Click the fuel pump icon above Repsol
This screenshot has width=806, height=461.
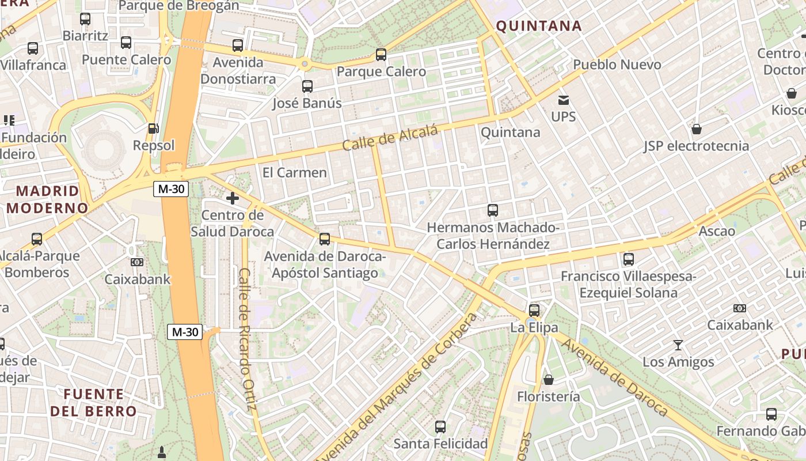point(153,128)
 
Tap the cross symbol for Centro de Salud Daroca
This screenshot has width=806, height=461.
point(233,199)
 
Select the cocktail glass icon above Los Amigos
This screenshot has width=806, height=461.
point(678,345)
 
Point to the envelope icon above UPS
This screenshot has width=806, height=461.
point(563,100)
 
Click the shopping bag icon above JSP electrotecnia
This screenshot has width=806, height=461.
point(697,129)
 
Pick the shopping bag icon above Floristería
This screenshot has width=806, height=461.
point(548,380)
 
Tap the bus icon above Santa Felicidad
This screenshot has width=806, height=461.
point(440,427)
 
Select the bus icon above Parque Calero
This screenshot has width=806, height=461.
point(381,55)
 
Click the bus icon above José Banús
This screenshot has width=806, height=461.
point(307,86)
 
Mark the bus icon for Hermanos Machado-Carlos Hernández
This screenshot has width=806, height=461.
point(492,210)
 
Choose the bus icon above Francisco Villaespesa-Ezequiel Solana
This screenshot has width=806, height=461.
point(628,259)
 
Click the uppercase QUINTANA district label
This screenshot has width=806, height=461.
point(539,26)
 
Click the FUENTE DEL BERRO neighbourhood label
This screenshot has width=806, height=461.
point(93,403)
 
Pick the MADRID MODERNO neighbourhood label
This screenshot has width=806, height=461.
point(47,199)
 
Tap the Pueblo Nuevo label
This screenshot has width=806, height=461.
point(617,65)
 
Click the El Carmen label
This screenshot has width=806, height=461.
point(294,172)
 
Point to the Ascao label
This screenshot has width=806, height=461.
point(716,232)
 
